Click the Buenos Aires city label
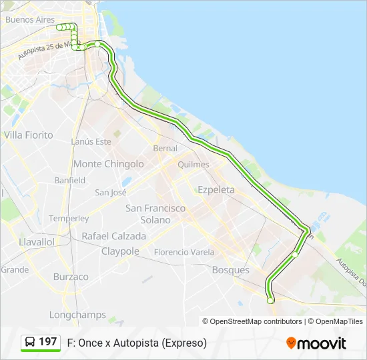(x=30, y=20)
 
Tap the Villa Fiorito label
(x=28, y=135)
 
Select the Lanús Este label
(x=91, y=142)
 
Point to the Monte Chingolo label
(x=108, y=164)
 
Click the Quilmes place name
(x=194, y=165)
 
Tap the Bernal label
(x=165, y=148)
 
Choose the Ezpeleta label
(x=216, y=190)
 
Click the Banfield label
(x=70, y=181)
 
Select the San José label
(x=111, y=193)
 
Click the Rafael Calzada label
(x=113, y=236)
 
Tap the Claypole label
(x=120, y=251)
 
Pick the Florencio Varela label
(x=184, y=253)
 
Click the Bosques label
(x=230, y=270)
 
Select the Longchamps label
(x=77, y=315)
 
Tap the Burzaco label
(x=71, y=277)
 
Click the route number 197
(x=48, y=342)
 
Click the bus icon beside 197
(x=31, y=343)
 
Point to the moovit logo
(x=316, y=343)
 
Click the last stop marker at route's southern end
(x=270, y=301)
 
